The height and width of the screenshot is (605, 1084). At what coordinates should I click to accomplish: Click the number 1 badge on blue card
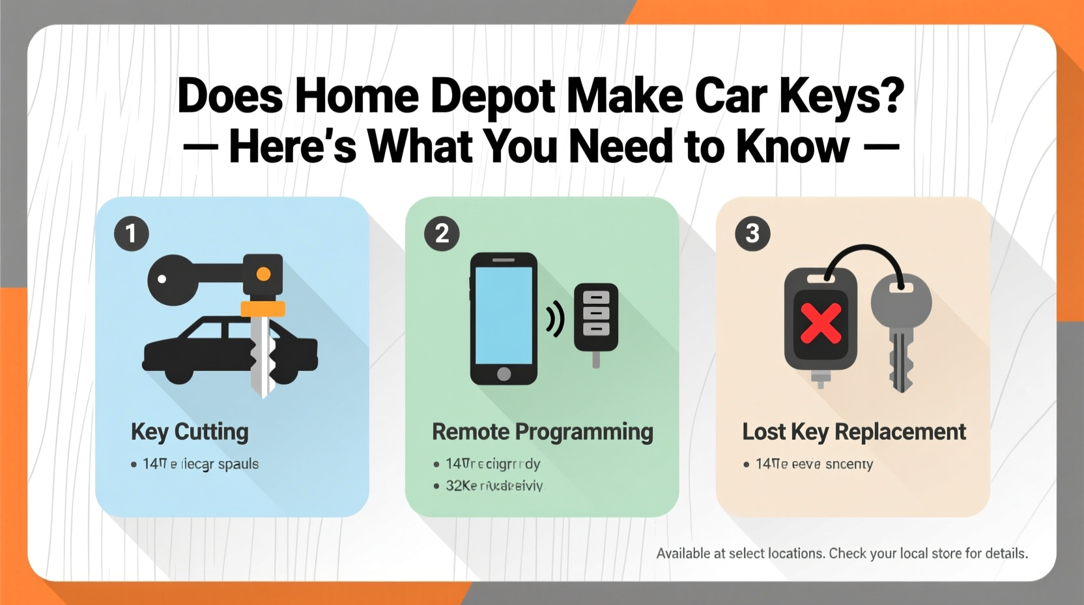point(132,233)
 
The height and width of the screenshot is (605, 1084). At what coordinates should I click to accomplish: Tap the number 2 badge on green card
point(442,233)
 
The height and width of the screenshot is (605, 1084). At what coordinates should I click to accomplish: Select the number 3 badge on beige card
point(752,233)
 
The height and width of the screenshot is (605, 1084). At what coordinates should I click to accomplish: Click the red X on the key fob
point(821,323)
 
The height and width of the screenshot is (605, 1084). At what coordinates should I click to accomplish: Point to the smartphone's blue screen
point(504,315)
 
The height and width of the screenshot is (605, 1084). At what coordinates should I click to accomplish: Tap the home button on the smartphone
point(504,374)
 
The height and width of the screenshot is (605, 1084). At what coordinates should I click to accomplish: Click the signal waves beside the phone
point(555,319)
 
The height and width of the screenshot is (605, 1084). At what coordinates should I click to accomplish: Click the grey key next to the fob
point(901,326)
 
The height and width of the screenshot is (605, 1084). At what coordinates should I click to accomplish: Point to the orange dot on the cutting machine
point(263,274)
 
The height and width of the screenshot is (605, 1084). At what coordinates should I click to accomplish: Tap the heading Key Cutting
point(190,432)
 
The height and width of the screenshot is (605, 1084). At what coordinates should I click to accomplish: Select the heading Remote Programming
point(542,432)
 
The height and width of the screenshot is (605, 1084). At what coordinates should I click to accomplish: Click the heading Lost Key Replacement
point(853,432)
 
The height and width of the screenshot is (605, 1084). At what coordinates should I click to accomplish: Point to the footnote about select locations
point(842,553)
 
